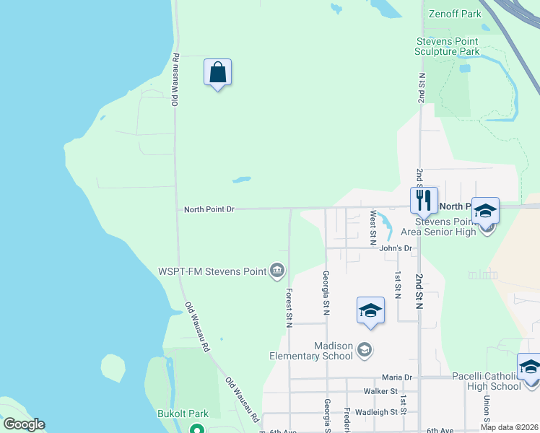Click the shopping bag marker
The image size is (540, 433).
tap(217, 73)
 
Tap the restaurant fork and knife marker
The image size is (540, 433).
tap(424, 199)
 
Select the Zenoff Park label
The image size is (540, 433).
tap(454, 14)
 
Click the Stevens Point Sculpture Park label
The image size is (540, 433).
tap(447, 47)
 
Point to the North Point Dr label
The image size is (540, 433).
tap(209, 209)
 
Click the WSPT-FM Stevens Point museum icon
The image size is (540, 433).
tap(276, 271)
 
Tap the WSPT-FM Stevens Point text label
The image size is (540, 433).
tap(211, 272)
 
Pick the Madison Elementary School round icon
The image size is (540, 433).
tap(365, 351)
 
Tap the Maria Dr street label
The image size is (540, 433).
tap(396, 377)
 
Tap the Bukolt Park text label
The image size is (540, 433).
tap(183, 414)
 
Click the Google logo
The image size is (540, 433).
tap(24, 424)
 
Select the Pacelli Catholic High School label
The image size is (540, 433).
tap(485, 381)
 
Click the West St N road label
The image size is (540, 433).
tap(373, 227)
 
